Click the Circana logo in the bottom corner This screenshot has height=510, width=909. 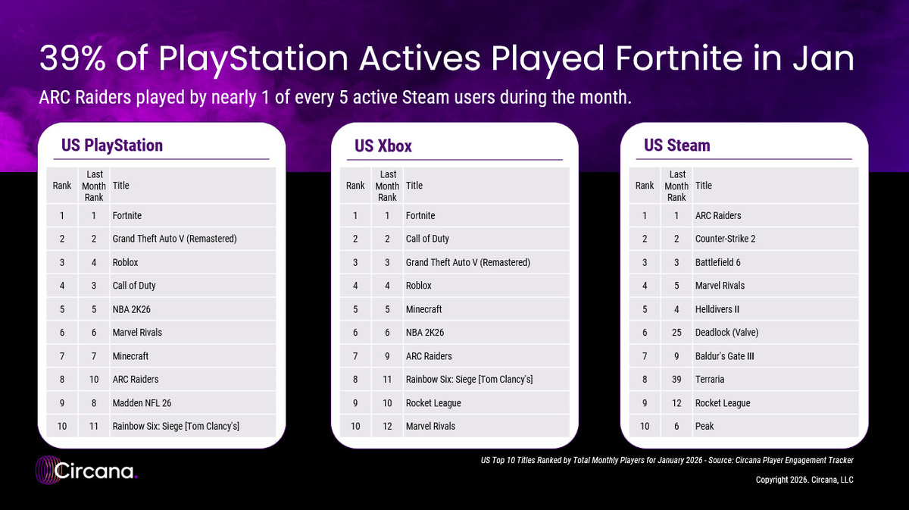(86, 471)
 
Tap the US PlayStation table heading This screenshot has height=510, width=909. (112, 145)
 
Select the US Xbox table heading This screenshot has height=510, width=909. (383, 145)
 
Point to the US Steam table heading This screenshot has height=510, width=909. (677, 145)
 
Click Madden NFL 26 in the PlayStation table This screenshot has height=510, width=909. (142, 403)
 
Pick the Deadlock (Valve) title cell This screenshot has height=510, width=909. (726, 333)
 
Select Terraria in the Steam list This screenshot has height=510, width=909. (709, 379)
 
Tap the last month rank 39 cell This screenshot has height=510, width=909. (676, 379)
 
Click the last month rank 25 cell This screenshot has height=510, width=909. (676, 333)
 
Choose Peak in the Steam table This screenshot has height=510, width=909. (704, 427)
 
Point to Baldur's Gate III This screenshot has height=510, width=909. (724, 356)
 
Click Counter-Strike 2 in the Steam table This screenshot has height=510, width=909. (725, 239)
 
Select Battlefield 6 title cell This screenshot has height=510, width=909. (717, 262)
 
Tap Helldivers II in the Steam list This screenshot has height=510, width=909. (717, 309)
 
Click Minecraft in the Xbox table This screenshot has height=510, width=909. (423, 309)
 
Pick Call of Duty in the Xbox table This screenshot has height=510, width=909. (427, 239)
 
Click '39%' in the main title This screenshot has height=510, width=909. (73, 58)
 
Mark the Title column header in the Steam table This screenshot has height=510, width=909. (703, 186)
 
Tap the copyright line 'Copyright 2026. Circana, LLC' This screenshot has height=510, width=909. (804, 480)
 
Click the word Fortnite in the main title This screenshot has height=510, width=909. (679, 58)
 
